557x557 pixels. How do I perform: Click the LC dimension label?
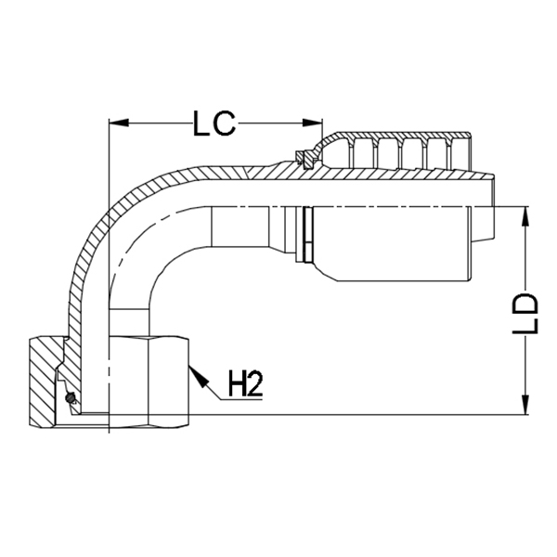pyautogui.click(x=215, y=123)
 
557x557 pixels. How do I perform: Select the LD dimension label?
pyautogui.click(x=527, y=315)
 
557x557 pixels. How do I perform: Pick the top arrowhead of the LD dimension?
pyautogui.click(x=527, y=213)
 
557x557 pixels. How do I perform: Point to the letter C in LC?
pyautogui.click(x=227, y=123)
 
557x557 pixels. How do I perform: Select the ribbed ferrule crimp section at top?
pyautogui.click(x=399, y=149)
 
